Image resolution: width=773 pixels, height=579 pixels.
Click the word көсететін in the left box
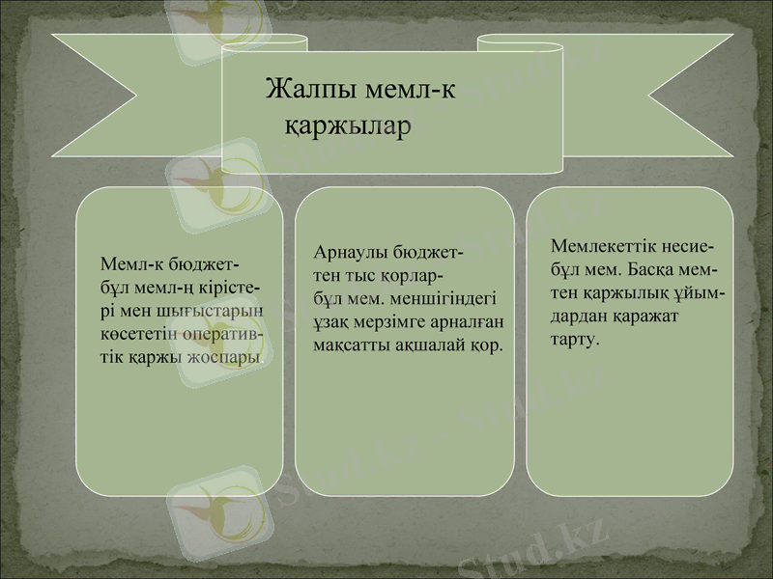point(140,333)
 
